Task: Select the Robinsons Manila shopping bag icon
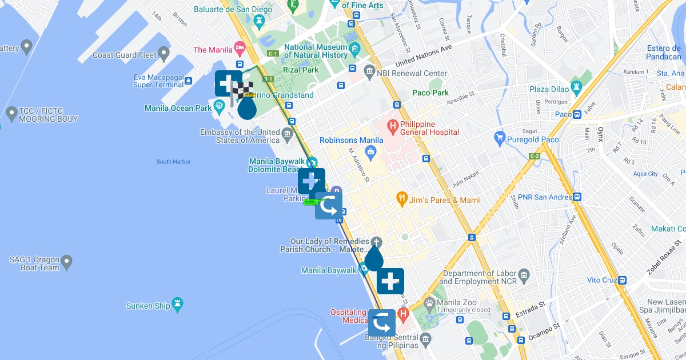point(370,151)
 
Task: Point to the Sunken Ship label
point(148,306)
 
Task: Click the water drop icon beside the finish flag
point(247,108)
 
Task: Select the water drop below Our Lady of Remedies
point(374,258)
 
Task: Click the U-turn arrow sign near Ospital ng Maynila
point(381,323)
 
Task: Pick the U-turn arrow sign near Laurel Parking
point(329,206)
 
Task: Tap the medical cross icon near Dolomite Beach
point(311,182)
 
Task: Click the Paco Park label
point(430,93)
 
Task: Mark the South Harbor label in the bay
point(173,162)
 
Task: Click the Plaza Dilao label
point(549,89)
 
